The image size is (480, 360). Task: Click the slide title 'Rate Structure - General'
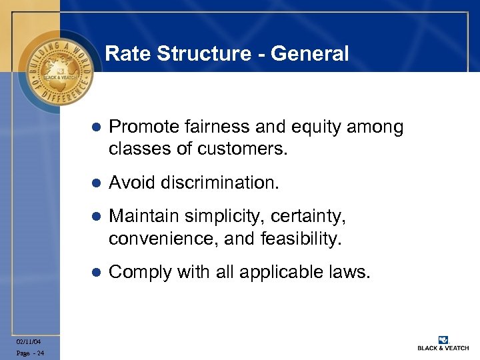coord(227,53)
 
